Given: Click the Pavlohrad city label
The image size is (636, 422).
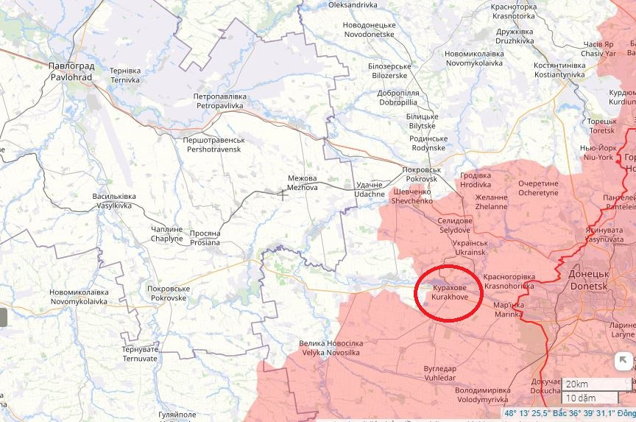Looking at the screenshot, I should pos(71,71).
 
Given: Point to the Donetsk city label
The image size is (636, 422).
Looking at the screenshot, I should pos(588,279).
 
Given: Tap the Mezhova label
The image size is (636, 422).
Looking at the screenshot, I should pos(302,183).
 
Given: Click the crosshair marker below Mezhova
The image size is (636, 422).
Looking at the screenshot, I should pos(283,194).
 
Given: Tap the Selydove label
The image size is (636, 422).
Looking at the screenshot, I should pos(455,225).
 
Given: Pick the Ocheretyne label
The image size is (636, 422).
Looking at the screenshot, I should pos(538,188).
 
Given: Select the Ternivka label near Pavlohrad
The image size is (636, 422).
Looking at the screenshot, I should pos(125,75).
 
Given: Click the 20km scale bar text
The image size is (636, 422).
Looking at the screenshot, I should pos(577,384).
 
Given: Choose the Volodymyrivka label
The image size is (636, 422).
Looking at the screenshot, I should pos(483,395).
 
